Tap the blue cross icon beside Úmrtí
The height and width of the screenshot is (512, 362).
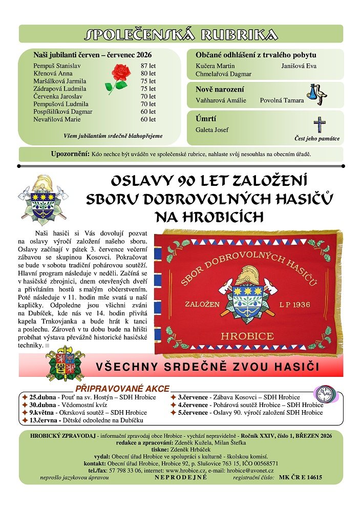(x=320, y=125)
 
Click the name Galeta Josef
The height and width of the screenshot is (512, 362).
(x=212, y=130)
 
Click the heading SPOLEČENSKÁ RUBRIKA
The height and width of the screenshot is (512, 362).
(x=181, y=34)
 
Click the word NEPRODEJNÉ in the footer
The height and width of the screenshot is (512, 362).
(x=181, y=477)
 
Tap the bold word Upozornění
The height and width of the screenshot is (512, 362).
(x=70, y=154)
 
